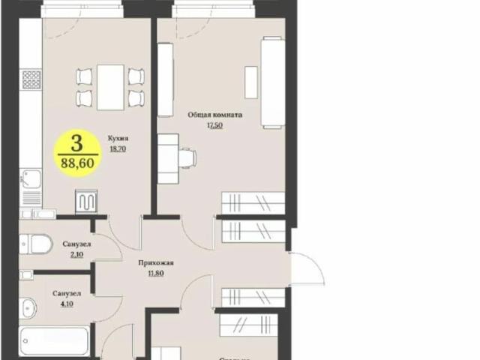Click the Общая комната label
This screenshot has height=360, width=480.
pos(215,115)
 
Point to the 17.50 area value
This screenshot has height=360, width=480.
pos(215,126)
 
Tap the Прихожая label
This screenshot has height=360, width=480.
pos(156,263)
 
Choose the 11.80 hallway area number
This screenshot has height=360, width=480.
pos(156,274)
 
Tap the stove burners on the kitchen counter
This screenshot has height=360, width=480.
pos(31,79)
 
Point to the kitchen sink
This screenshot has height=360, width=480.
pos(31,180)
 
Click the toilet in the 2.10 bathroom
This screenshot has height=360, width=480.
pos(35,243)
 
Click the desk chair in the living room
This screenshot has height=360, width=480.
pos(188,157)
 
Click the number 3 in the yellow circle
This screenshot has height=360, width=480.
pos(76,141)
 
